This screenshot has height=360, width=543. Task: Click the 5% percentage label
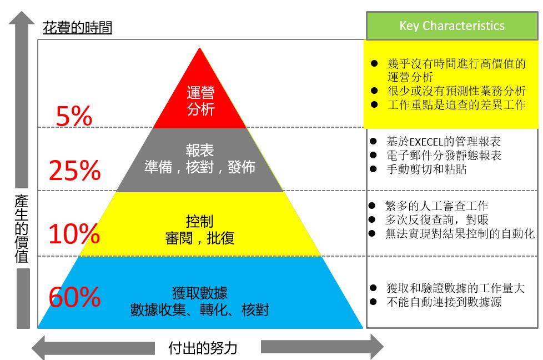[x=74, y=116]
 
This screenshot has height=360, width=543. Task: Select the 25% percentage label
[x=75, y=170]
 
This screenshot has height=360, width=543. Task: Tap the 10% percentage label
[x=74, y=233]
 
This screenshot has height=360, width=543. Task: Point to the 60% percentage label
[x=75, y=297]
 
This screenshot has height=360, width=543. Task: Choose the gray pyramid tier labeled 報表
[x=199, y=159]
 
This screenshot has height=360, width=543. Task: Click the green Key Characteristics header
[x=452, y=26]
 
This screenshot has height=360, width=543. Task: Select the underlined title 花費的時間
[x=77, y=27]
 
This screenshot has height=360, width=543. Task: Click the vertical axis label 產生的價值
[x=22, y=229]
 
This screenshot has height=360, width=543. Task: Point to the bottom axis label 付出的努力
[x=203, y=348]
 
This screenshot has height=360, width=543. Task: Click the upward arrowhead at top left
[x=22, y=18]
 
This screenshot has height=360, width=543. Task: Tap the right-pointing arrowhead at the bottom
[x=377, y=347]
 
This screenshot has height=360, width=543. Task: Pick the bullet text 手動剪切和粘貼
[x=426, y=169]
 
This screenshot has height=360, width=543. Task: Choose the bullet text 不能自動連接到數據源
[x=444, y=302]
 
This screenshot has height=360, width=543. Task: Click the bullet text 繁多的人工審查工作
[x=437, y=206]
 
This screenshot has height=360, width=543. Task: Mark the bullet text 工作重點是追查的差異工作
[x=457, y=104]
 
